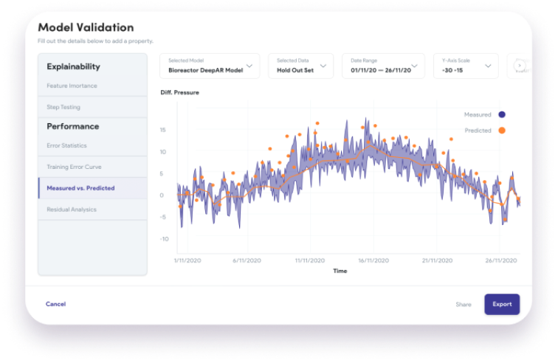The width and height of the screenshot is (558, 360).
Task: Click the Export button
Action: pyautogui.click(x=502, y=304)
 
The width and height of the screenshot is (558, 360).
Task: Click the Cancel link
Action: pyautogui.click(x=55, y=304)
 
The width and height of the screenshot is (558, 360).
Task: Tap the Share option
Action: pyautogui.click(x=464, y=305)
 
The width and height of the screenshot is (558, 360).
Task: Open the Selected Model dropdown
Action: pyautogui.click(x=210, y=66)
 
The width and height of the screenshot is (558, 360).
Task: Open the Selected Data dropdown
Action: pyautogui.click(x=300, y=66)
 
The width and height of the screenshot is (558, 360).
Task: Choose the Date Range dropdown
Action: pyautogui.click(x=383, y=66)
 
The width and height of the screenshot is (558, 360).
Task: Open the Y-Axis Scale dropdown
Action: pyautogui.click(x=466, y=66)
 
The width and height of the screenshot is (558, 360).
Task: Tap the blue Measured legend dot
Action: pyautogui.click(x=502, y=114)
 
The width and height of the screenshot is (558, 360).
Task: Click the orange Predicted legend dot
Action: pyautogui.click(x=502, y=131)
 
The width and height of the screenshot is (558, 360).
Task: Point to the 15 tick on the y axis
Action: pyautogui.click(x=162, y=130)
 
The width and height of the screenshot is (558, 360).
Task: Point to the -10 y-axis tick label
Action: pyautogui.click(x=164, y=239)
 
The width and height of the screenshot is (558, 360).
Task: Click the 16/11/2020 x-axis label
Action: pyautogui.click(x=373, y=260)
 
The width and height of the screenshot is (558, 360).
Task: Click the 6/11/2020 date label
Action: pyautogui.click(x=247, y=260)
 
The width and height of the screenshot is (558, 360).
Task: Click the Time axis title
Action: pyautogui.click(x=340, y=271)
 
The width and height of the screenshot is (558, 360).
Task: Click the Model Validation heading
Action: pyautogui.click(x=86, y=27)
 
